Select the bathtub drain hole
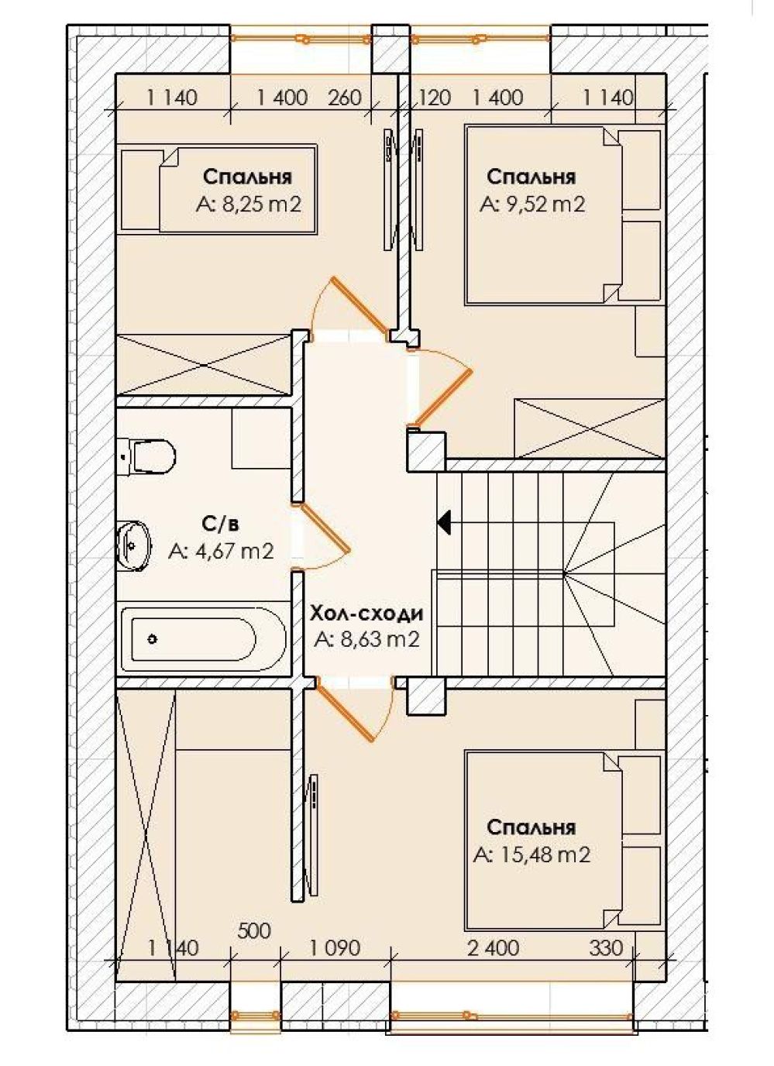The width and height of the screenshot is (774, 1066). pos(153,639)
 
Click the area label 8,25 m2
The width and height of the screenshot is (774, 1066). pos(249,205)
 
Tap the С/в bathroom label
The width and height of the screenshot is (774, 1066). pos(220,524)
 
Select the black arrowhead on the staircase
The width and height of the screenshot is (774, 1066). pos(445,523)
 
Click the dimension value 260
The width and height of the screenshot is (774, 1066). pos(345,98)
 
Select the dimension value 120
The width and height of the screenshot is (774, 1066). pos(433,98)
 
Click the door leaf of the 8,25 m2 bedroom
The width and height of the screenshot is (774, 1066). pos(362,305)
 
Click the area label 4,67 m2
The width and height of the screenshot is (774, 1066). pos(220,551)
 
